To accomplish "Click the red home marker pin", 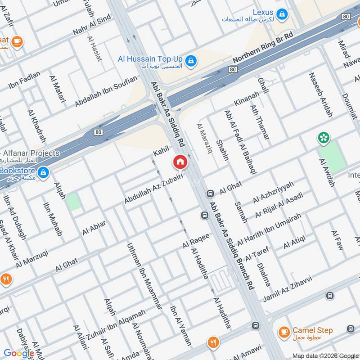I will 180,162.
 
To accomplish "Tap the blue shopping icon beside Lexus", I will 282,14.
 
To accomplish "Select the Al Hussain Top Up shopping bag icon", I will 191,60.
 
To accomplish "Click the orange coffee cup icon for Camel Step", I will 283,332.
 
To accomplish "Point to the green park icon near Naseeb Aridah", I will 323,137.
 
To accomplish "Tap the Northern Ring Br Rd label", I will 263,47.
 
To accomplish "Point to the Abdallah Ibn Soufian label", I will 106,92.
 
